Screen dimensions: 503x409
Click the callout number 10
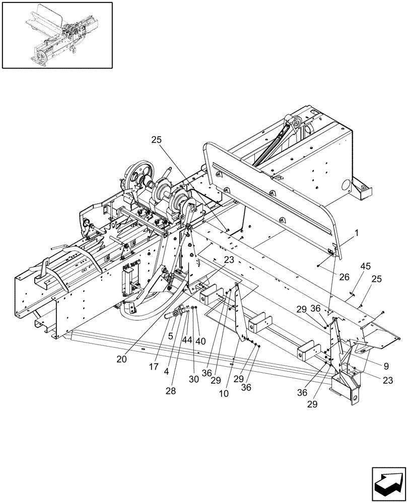click(224, 393)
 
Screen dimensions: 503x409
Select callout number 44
click(187, 340)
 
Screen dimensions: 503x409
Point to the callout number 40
click(201, 340)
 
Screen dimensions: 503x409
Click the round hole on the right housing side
click(345, 185)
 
